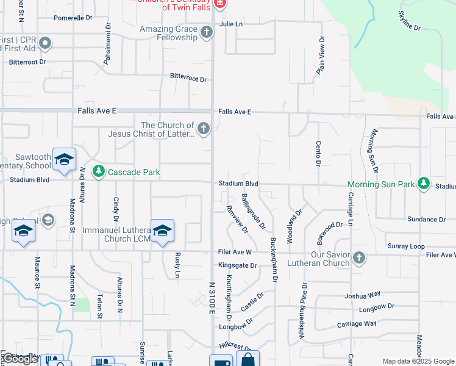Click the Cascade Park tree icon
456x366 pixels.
98,172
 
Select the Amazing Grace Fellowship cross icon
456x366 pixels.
207,32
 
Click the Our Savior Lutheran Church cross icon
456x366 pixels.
359,258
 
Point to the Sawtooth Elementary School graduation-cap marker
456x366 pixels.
64,160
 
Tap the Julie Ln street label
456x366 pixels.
231,24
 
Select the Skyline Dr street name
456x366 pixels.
410,21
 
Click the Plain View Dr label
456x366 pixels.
321,55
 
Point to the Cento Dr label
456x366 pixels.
318,153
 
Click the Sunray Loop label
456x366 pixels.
405,246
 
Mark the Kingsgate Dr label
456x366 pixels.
238,265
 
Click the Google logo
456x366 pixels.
20,359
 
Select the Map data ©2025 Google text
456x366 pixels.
417,361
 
